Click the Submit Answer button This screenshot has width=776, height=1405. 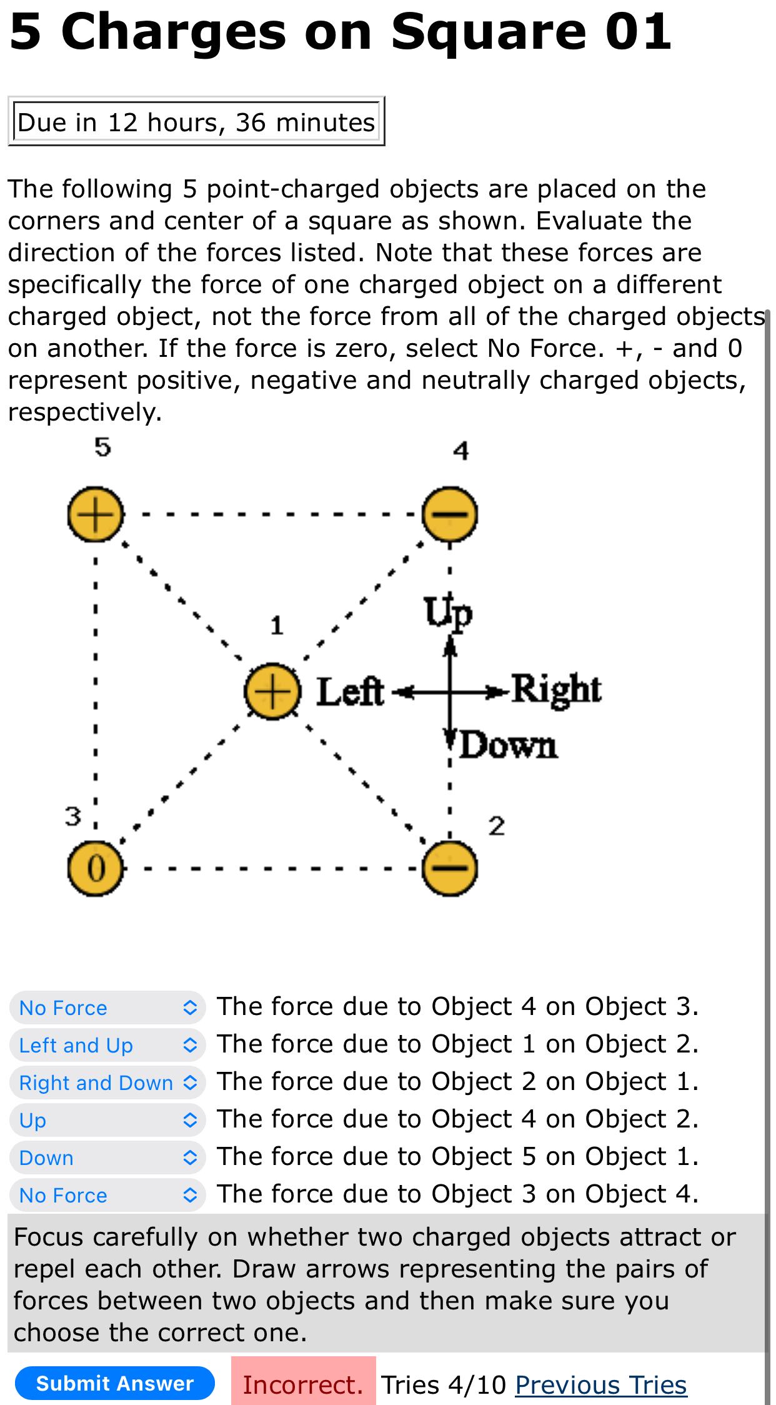[x=115, y=1383]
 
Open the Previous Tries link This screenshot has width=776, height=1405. [x=600, y=1385]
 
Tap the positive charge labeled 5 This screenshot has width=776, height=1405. [x=96, y=514]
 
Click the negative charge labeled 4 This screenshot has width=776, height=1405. [x=450, y=514]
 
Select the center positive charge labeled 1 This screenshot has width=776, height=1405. [x=272, y=691]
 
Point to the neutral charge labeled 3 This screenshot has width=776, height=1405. [x=96, y=868]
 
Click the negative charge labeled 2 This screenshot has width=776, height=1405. [x=450, y=868]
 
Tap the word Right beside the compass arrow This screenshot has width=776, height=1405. [x=556, y=689]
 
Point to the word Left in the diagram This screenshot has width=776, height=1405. [x=350, y=691]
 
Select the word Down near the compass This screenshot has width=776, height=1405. [x=508, y=745]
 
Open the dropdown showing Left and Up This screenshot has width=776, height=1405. [x=107, y=1045]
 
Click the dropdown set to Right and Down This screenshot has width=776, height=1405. [x=107, y=1082]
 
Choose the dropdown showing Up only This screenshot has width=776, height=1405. [x=107, y=1120]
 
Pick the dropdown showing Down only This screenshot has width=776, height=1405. [x=107, y=1157]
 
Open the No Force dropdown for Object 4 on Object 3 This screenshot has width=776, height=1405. [x=107, y=1007]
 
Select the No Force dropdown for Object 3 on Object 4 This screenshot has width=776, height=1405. [x=107, y=1195]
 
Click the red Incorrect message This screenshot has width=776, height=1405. [x=303, y=1384]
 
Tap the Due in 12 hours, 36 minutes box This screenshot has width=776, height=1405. [x=196, y=122]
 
